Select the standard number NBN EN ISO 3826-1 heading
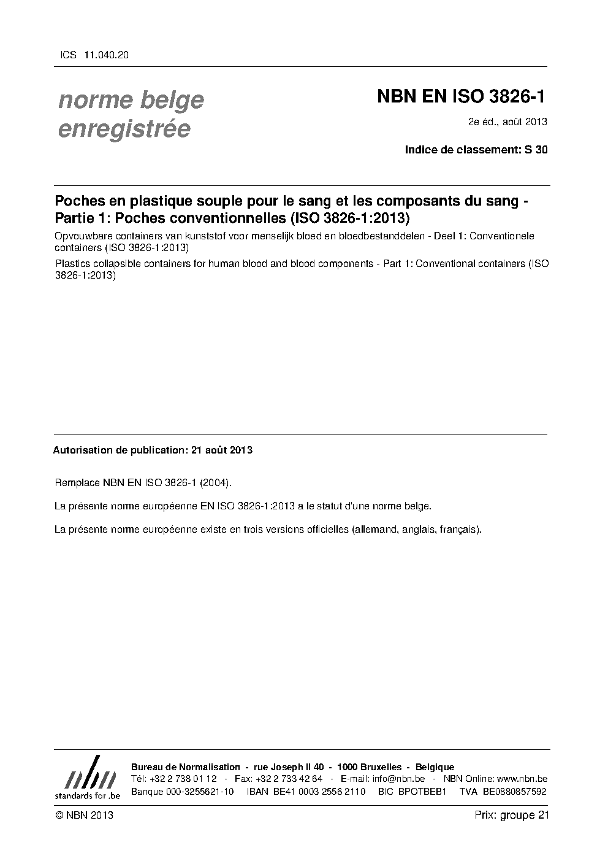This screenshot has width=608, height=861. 460,97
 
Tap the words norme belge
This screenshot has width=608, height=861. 131,99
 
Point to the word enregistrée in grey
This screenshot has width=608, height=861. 124,129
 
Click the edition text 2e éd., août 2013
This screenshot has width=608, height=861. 507,122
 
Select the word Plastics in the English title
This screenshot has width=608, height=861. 70,264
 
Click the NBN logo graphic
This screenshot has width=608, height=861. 88,778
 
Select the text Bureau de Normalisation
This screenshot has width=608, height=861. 186,767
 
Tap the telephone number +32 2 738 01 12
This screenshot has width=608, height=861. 182,779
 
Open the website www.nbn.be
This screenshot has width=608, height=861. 522,779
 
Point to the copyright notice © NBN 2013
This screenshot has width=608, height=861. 84,815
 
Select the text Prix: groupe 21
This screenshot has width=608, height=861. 511,815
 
